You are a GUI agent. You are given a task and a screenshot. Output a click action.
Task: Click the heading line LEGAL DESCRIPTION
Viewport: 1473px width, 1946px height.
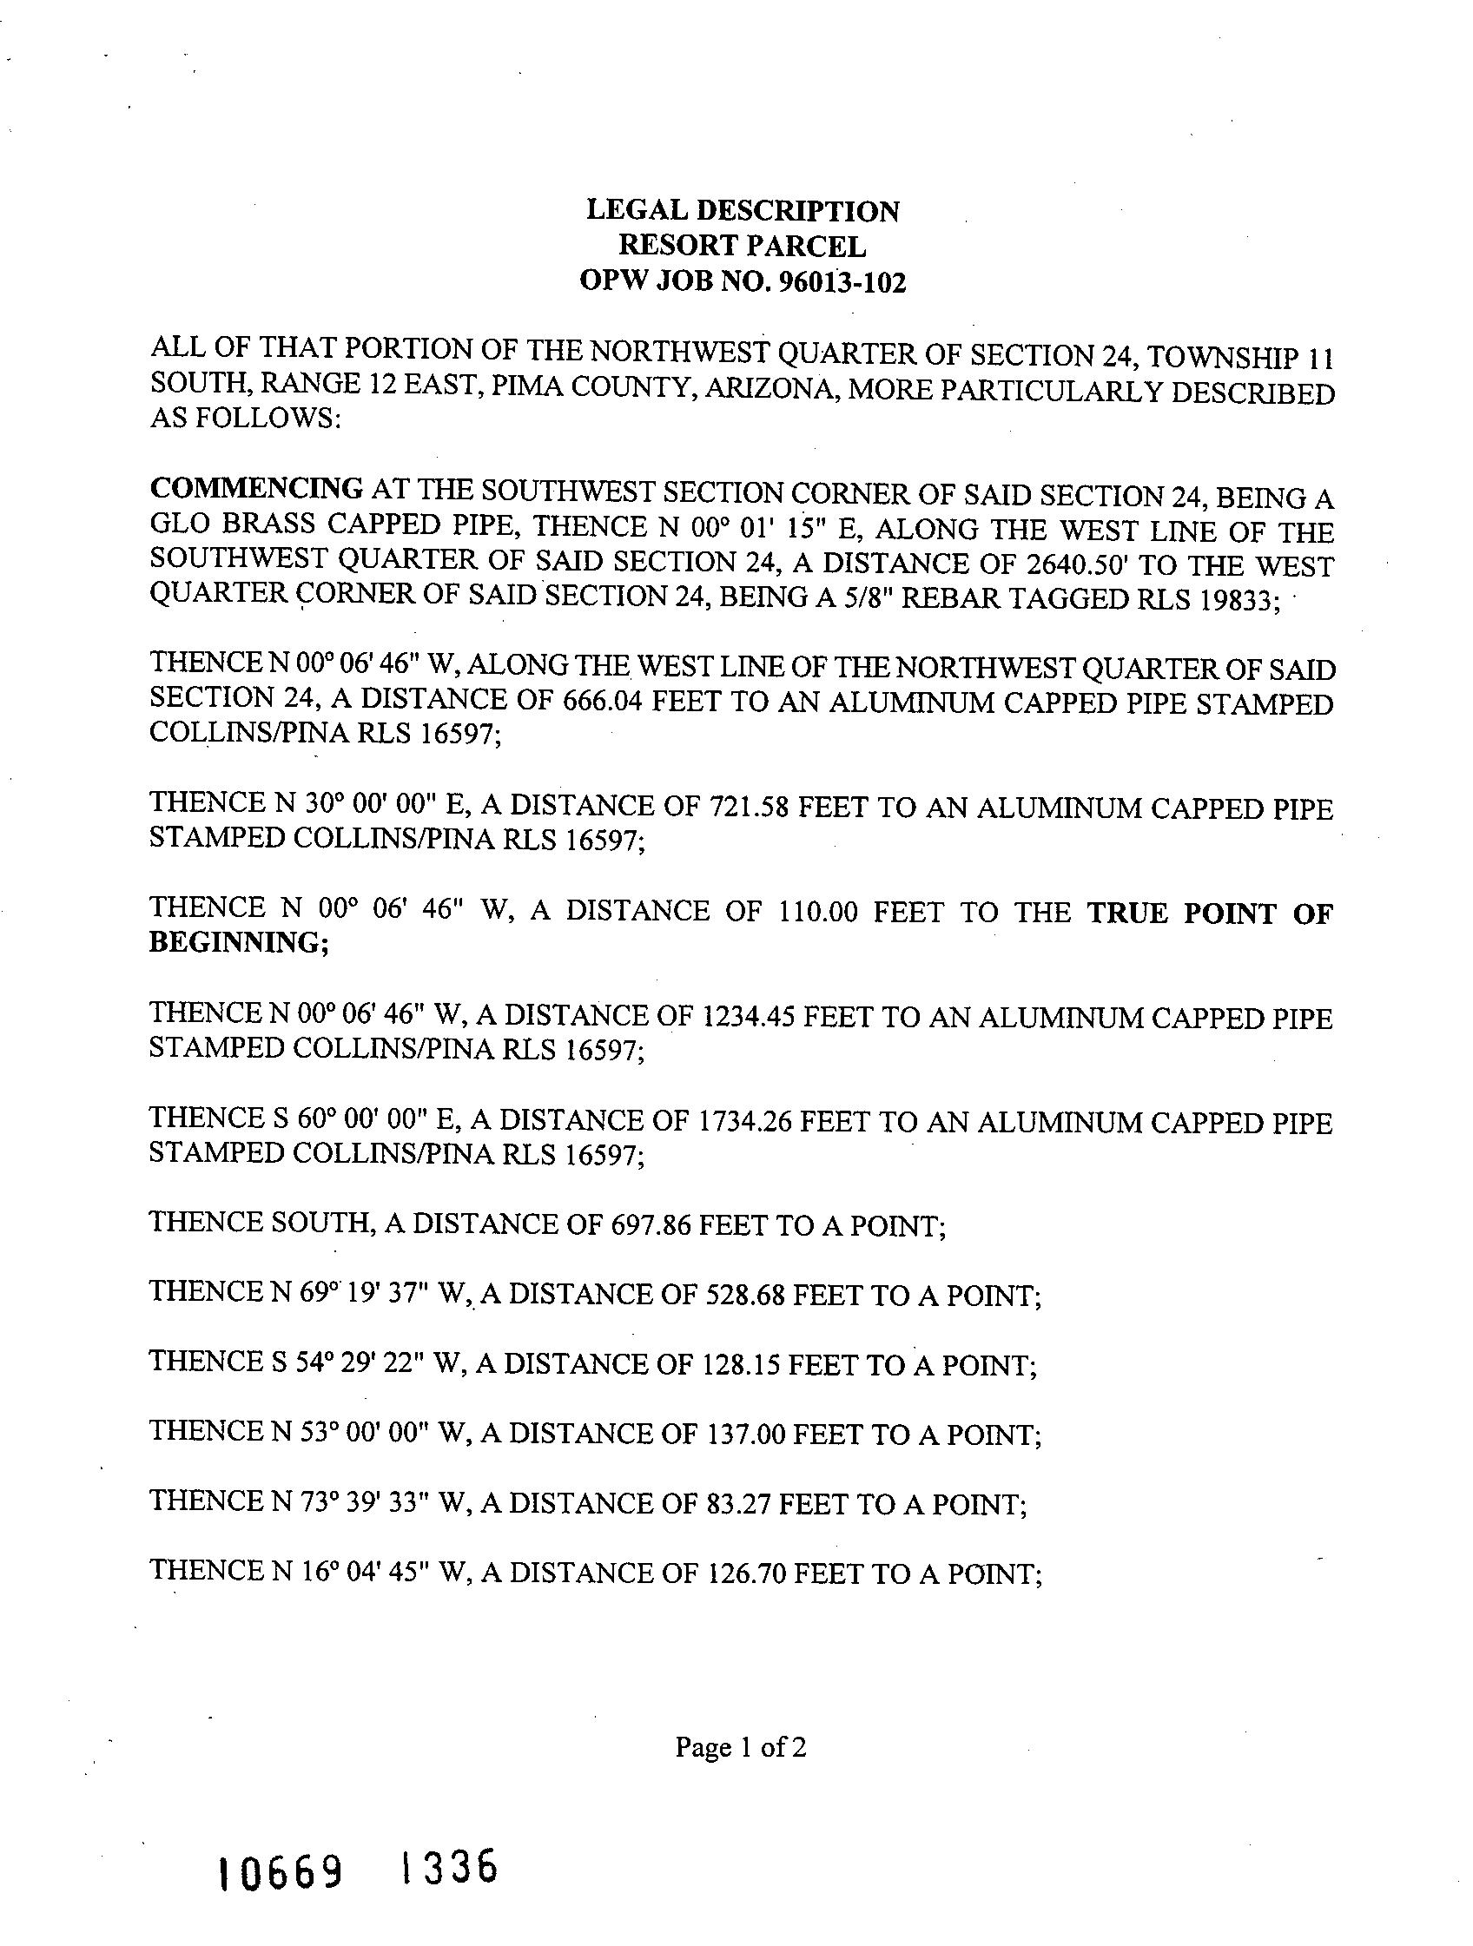point(743,211)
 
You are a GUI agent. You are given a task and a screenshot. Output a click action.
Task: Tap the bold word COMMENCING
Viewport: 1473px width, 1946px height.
point(257,488)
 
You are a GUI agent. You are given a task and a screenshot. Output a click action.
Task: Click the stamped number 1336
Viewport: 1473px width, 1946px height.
point(449,1866)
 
